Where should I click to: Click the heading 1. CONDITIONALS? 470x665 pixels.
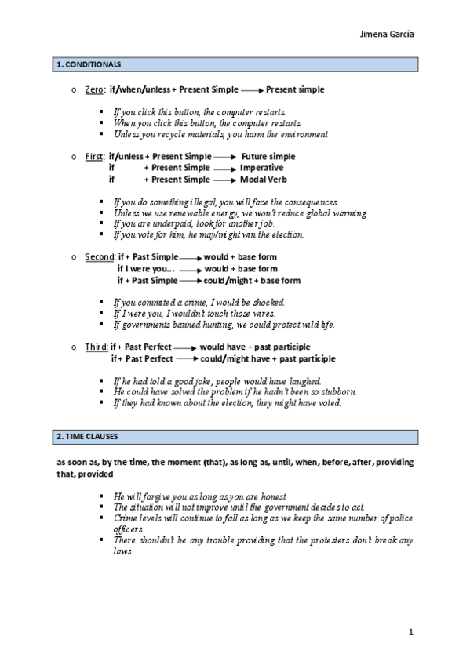click(x=85, y=64)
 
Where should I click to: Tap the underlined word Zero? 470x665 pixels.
click(x=93, y=89)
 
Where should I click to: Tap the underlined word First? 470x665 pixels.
click(x=94, y=156)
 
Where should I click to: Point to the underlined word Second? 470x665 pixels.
click(x=99, y=256)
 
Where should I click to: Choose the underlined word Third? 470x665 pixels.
click(x=97, y=346)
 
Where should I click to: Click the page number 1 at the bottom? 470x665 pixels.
click(x=410, y=630)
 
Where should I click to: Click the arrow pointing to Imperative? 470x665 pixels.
click(x=224, y=168)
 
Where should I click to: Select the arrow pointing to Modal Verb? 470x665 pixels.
click(x=224, y=180)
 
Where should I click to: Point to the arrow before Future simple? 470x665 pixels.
click(x=225, y=157)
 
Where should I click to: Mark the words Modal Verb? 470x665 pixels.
click(x=261, y=180)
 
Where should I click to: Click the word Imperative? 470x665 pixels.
click(x=261, y=168)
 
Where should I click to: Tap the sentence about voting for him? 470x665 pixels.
click(x=207, y=234)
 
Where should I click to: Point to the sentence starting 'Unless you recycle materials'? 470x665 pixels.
click(x=220, y=134)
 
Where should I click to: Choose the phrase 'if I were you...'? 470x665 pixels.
click(x=146, y=268)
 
